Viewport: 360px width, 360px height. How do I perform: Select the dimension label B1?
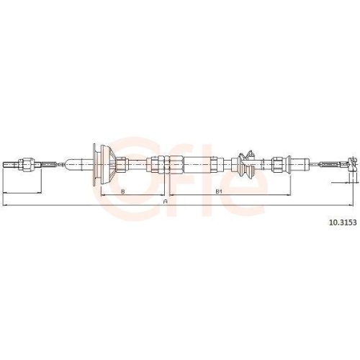218,191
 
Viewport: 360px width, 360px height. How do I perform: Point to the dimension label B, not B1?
123,191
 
